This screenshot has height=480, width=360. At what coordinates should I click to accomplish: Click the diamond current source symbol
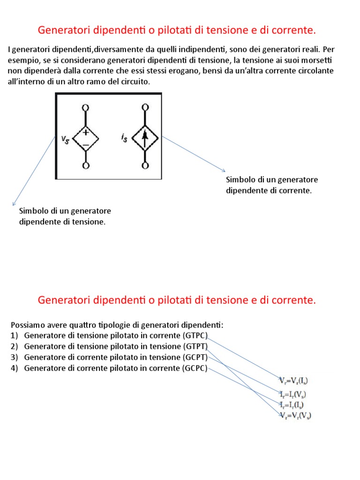click(145, 137)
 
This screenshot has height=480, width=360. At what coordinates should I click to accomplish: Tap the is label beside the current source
click(124, 137)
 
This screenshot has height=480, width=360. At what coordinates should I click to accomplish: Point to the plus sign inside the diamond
click(86, 133)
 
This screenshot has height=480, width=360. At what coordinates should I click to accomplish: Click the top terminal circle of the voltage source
click(86, 108)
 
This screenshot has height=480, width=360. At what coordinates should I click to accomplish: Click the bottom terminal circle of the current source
click(145, 166)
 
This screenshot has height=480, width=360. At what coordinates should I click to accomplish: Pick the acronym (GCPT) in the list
click(195, 357)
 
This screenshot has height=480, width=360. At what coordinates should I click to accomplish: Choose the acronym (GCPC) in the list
click(195, 368)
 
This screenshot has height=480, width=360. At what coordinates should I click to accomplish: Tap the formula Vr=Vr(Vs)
click(295, 416)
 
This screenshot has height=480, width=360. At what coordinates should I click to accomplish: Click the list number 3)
click(14, 357)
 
